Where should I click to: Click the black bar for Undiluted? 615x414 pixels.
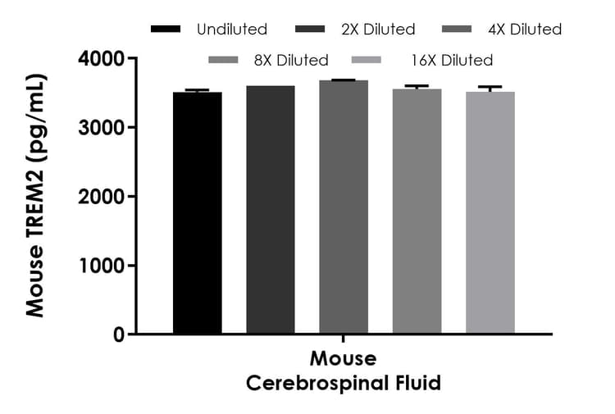(197, 213)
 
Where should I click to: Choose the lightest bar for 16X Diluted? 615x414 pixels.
(490, 213)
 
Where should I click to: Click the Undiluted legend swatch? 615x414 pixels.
(166, 30)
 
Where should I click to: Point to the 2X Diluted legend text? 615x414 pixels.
(378, 30)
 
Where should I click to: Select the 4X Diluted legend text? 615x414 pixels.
(525, 30)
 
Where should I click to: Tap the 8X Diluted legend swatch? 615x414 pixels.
(224, 60)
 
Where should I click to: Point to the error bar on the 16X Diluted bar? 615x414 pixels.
(490, 88)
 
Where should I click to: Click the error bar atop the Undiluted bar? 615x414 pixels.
(197, 90)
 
